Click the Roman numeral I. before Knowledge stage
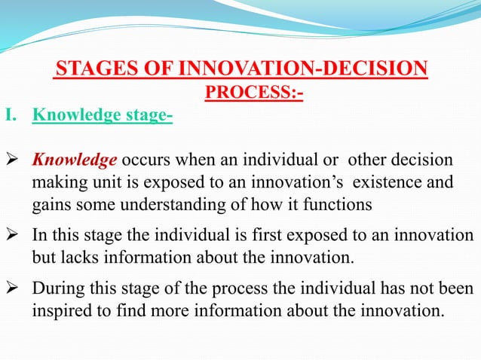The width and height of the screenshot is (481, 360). (x=11, y=116)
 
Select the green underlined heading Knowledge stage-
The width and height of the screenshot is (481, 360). (x=103, y=116)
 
